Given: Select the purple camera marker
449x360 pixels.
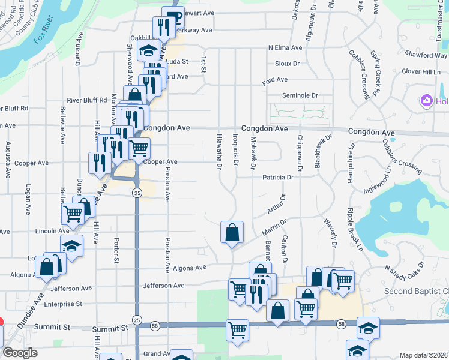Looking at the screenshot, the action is (x=427, y=100).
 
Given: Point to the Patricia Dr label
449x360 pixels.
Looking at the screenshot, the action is (x=277, y=177).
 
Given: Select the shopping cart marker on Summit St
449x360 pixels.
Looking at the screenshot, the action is (x=237, y=329).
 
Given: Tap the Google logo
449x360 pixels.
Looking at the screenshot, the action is (x=20, y=353).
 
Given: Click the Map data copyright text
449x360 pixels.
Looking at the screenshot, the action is (x=423, y=355).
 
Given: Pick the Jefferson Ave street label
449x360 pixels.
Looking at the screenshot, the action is (x=163, y=286).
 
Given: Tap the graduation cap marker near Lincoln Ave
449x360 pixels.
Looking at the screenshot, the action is (x=71, y=247).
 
